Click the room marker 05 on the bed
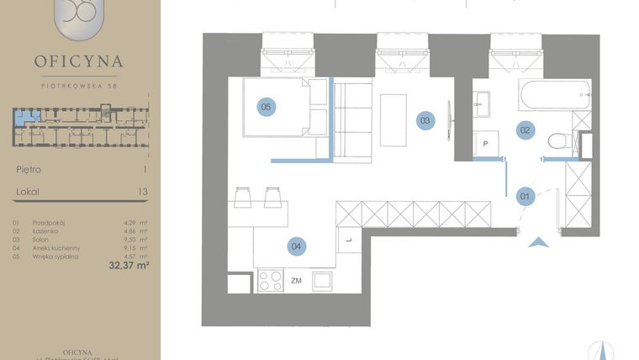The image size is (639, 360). [x=266, y=107]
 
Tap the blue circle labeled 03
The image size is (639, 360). [x=425, y=120]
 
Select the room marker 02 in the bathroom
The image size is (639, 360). [x=525, y=130]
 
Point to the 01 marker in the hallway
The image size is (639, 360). [x=525, y=197]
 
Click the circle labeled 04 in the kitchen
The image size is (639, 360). [x=295, y=246]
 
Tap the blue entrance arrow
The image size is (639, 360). [x=540, y=244]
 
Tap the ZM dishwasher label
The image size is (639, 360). [x=296, y=280]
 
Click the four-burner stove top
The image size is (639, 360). [x=270, y=280]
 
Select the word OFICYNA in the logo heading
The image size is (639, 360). [x=79, y=61]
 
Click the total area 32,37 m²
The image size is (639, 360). [x=129, y=265]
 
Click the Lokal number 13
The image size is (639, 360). [x=142, y=192]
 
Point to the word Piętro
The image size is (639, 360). [x=29, y=169]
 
